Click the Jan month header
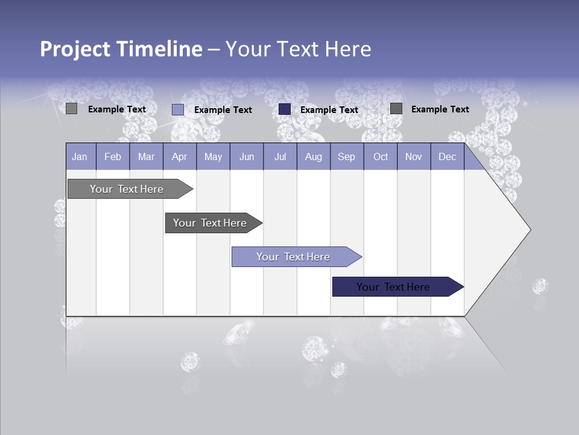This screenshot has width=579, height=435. pos(80,156)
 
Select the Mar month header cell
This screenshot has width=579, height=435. pos(146,156)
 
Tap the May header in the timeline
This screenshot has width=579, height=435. pos(213,156)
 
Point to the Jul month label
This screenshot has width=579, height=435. pos(280,156)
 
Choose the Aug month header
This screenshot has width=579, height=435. pos(313,156)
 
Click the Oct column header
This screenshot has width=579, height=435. pos(381,156)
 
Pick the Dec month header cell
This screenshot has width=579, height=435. pos(447,156)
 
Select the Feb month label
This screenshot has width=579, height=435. pos(113,156)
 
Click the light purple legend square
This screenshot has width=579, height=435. pos(177,109)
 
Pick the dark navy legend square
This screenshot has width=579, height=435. pos(285,109)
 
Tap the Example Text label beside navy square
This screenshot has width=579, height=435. pos(329,109)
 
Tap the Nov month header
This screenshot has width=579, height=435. pos(414,156)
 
